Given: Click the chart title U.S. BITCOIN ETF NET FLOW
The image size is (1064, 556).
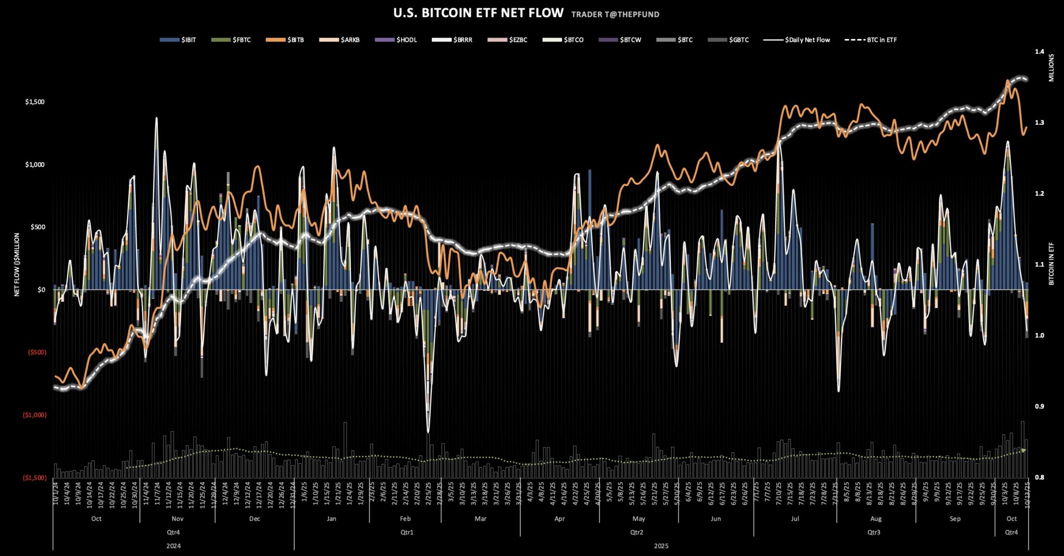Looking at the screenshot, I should point(478,13).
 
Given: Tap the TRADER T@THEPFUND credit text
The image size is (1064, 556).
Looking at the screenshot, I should point(615,15).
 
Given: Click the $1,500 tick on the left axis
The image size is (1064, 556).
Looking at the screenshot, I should point(35,102).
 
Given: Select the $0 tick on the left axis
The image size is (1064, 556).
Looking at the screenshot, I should point(42,290).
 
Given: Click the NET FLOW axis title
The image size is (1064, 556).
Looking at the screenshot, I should point(17,265).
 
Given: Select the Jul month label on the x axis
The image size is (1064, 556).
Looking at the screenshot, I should point(795,519).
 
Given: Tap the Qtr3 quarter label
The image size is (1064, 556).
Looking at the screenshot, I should point(874,532).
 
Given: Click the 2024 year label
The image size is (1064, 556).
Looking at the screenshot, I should point(174,546).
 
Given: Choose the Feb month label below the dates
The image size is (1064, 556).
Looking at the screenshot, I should point(405,519).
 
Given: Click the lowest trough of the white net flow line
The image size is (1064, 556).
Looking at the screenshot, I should point(428,432).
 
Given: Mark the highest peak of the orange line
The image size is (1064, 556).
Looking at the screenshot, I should point(1007,81).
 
